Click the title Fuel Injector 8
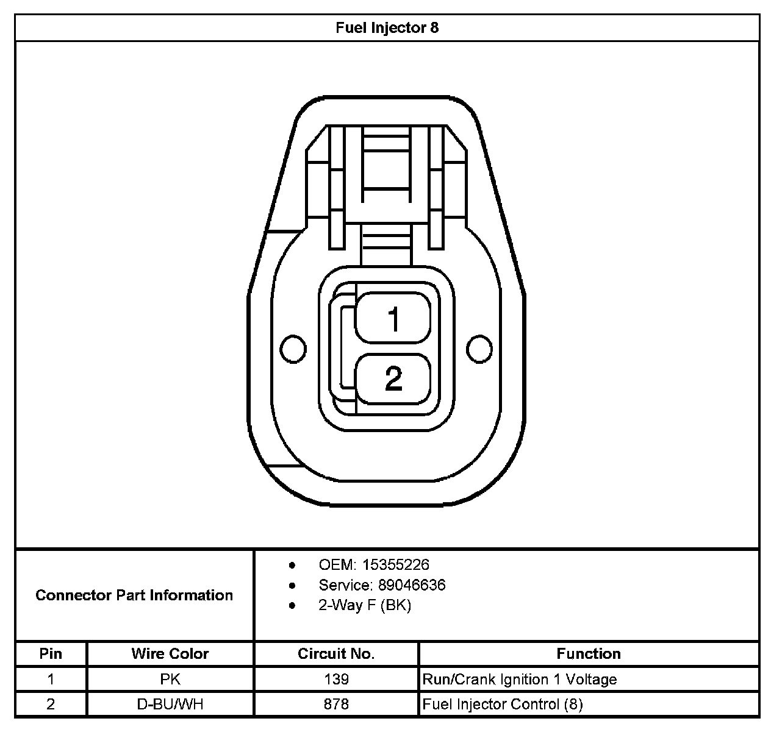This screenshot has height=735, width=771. pos(387,28)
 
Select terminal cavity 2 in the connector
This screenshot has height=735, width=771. pos(393,378)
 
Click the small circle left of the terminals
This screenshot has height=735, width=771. pos(292,349)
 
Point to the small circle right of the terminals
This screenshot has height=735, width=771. pos(479,349)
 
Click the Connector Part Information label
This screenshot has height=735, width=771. pos(134,595)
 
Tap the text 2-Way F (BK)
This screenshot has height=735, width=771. pos(365,605)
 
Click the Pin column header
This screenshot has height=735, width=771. pos(51,654)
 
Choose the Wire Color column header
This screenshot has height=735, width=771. pos(170,654)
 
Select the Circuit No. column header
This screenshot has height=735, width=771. pos(336,654)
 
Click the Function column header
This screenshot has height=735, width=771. pos(589,654)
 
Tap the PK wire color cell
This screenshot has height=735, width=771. pos(170,679)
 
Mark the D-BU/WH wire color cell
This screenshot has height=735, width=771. pos(170,705)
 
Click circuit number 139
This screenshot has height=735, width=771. pos(336,679)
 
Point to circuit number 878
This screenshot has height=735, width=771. pos(336,705)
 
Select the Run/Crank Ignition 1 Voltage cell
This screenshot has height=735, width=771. pos(520,679)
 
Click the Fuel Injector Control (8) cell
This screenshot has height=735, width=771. pos(503,705)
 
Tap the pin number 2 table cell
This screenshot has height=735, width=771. pos(51,705)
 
